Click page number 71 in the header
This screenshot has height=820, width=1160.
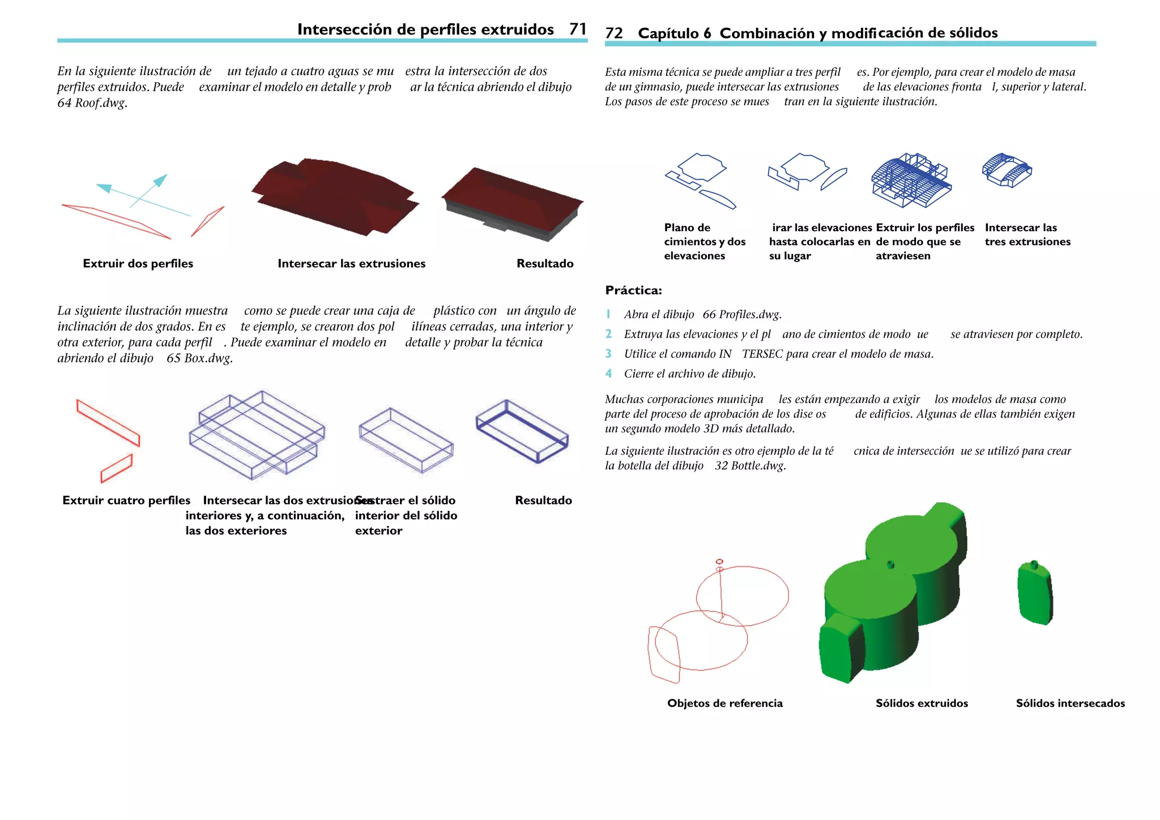coord(578,29)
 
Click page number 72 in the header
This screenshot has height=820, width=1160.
coord(613,33)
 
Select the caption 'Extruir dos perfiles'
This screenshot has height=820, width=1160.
coord(138,263)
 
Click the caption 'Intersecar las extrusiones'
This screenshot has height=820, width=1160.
coord(351,263)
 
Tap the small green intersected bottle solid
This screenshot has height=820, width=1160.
coord(1035,593)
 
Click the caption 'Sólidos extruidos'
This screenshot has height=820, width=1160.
coord(922,703)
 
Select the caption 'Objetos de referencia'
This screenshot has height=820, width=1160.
coord(724,703)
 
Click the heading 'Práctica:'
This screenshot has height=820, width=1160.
coord(633,291)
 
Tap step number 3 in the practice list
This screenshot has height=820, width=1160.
coord(608,354)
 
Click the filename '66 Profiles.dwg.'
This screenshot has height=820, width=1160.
coord(742,314)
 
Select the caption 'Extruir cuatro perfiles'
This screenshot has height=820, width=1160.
coord(126,501)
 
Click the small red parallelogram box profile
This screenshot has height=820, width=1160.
coord(117,469)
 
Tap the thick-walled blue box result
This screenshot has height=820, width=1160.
coord(522,432)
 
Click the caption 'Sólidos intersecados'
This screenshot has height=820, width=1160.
coord(1070,703)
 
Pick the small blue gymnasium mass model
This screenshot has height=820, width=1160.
coord(1007,170)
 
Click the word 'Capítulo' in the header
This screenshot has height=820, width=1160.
coord(668,33)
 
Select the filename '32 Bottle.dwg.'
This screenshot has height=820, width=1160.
coord(750,466)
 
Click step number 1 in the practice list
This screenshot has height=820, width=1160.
coord(608,314)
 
